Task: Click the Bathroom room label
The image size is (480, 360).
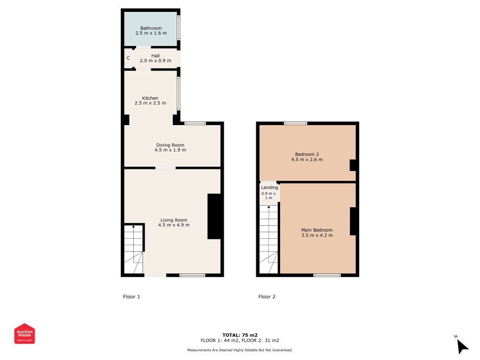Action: point(151,28)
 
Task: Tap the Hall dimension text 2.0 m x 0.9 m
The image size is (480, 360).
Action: point(155,61)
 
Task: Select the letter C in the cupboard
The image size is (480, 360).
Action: point(128,58)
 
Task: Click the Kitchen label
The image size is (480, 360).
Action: point(150,98)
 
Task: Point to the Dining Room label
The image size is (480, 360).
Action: point(170,145)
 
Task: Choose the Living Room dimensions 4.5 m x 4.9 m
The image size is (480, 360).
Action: point(174,225)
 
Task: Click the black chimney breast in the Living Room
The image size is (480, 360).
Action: point(215,216)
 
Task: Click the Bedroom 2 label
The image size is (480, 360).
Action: point(307,154)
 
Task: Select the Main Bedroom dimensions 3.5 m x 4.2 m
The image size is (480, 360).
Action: point(317,235)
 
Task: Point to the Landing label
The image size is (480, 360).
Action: point(270,187)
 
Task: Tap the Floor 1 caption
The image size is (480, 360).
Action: point(132,296)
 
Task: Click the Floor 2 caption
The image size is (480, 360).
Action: point(267,296)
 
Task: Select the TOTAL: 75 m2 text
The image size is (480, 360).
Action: point(240,335)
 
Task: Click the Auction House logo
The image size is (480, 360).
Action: point(24,333)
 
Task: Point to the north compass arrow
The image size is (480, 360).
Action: point(462,346)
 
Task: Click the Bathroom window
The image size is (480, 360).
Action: point(179,28)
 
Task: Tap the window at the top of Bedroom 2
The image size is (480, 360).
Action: point(295,123)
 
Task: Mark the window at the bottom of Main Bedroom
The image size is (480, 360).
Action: point(327,275)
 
